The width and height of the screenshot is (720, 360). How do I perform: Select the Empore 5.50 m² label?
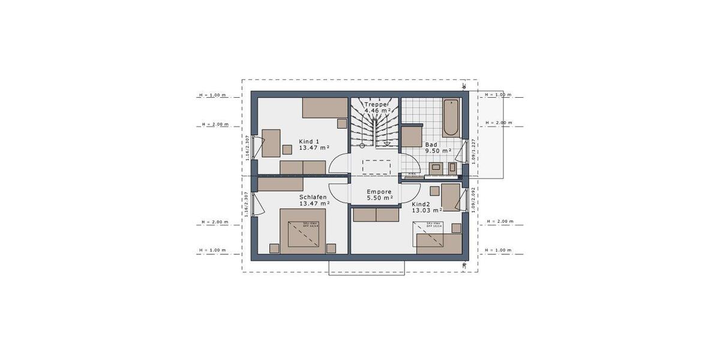[x=380, y=194]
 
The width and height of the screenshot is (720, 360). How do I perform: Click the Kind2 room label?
[x=427, y=207]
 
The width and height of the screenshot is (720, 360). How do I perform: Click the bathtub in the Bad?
[x=451, y=118]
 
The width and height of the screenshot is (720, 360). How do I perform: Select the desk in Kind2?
[x=451, y=197]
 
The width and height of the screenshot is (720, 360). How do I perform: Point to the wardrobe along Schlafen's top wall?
[x=281, y=184]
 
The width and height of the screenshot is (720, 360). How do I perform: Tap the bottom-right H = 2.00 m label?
[x=499, y=221]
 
